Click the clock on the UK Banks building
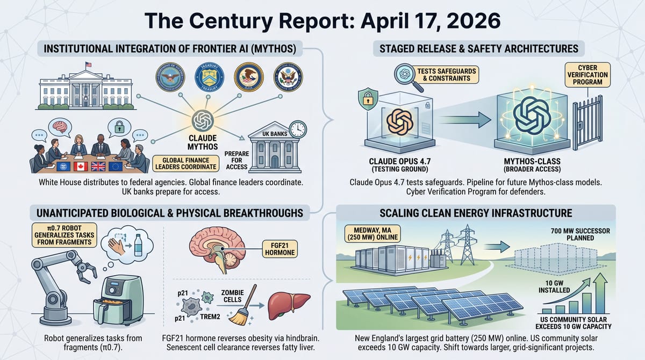297,129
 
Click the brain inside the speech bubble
60,125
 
